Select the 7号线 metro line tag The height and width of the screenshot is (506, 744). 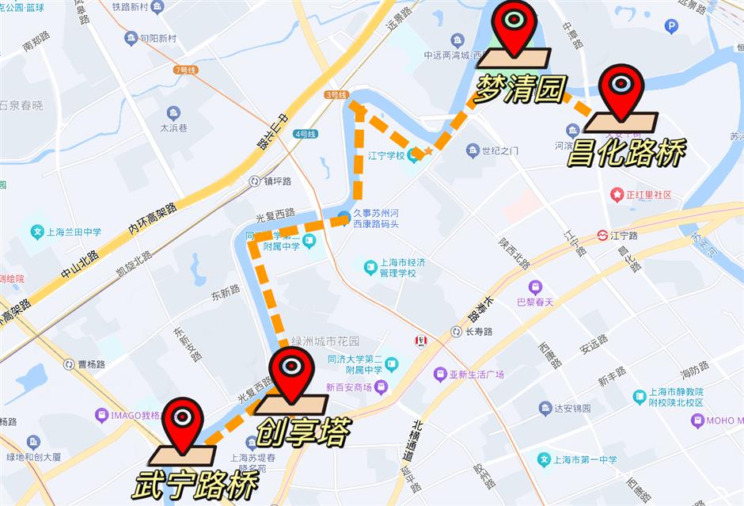(185, 70)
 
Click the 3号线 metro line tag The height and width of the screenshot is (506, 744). (336, 94)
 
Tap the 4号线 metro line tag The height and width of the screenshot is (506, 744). (304, 134)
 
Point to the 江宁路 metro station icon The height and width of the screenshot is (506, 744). (603, 235)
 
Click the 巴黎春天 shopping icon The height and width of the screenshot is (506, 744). (536, 287)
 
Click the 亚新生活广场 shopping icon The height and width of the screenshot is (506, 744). (440, 374)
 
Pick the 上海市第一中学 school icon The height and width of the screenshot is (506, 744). (544, 459)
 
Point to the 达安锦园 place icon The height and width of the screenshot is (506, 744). (545, 409)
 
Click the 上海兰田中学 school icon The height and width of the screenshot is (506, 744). (36, 232)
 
